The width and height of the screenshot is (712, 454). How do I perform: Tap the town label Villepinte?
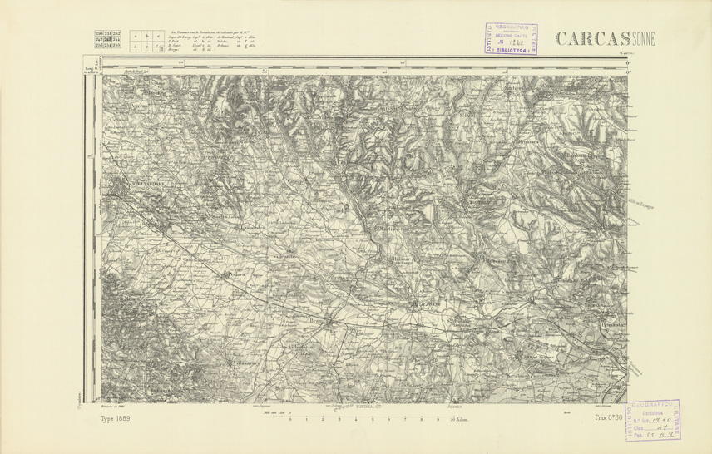[284, 258]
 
